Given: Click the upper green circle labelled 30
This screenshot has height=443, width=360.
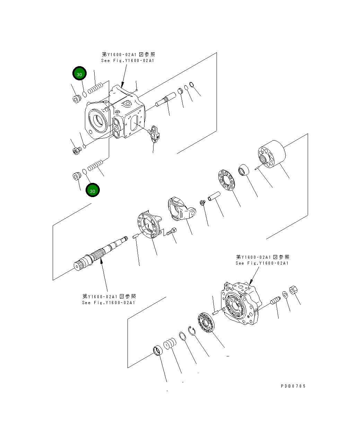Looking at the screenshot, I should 79,74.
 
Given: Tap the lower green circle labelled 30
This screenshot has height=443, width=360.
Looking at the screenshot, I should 93,191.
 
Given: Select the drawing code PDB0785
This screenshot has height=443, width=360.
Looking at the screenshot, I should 293,386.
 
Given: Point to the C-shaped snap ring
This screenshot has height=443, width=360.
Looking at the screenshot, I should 192,330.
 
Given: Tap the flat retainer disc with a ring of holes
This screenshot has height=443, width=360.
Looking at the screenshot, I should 227,180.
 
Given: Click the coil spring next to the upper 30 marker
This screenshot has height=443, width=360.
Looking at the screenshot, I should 96,88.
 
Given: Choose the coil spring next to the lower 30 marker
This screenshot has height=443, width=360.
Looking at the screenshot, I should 95,166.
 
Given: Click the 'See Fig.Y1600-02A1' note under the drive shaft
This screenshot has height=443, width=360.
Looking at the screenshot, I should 108,303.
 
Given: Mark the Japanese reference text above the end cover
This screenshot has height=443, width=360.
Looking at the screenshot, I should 262,257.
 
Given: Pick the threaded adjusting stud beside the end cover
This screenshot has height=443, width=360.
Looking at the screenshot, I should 275,300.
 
